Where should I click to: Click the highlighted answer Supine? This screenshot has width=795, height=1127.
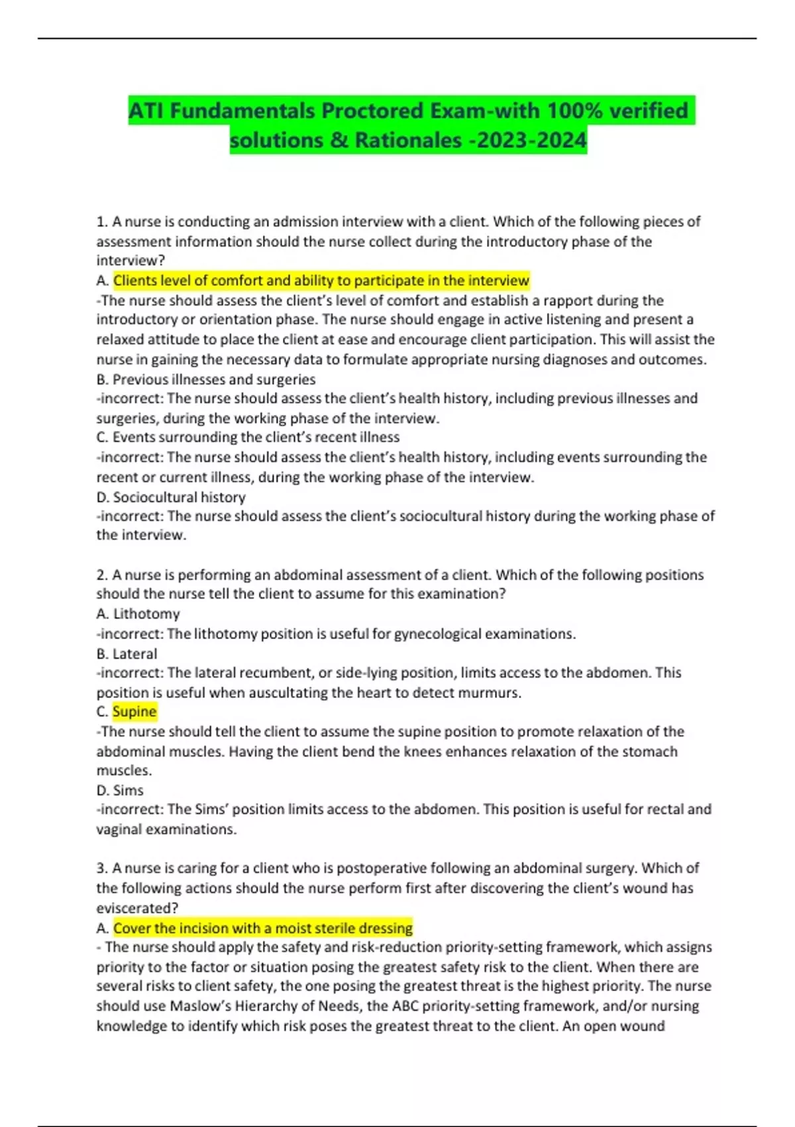(134, 712)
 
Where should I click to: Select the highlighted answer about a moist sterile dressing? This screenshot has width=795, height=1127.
(263, 928)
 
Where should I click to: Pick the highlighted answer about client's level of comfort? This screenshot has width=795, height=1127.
(321, 280)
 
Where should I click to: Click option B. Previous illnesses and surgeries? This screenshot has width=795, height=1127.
(206, 379)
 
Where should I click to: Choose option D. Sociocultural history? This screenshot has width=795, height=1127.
(171, 497)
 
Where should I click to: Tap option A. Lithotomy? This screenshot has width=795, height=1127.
(138, 614)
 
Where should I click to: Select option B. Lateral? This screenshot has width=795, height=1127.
(127, 654)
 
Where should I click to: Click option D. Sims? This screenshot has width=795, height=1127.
(120, 790)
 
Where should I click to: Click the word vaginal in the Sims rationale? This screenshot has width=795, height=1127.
(119, 829)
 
